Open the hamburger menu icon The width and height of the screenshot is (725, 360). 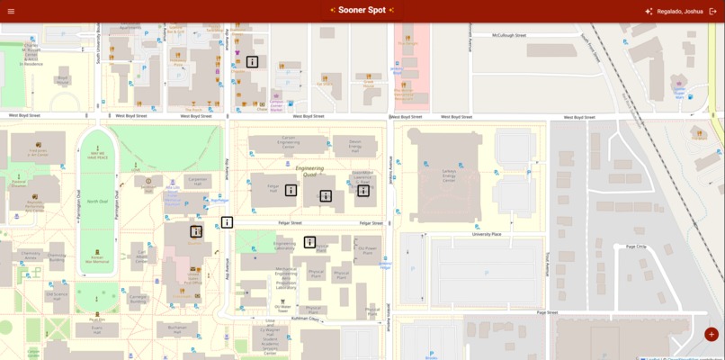coord(11,11)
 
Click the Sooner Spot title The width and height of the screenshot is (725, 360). coord(362,10)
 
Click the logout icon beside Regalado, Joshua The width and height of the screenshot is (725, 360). coord(713,11)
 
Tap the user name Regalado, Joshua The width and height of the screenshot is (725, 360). coord(679,11)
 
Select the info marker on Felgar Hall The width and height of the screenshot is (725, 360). coord(291,190)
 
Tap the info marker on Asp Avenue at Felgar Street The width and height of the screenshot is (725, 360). coord(228,222)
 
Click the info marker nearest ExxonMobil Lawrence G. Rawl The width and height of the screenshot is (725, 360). coord(363,190)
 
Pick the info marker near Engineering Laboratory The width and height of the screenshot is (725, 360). coord(309,242)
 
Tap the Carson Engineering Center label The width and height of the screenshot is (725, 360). coord(289,141)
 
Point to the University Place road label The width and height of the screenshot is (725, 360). coord(487,234)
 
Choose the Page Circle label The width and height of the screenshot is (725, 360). coord(636,246)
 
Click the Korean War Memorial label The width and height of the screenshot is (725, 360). coord(97,258)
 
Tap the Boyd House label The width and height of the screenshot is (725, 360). coord(63,81)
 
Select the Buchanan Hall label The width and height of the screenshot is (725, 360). coord(176,328)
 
